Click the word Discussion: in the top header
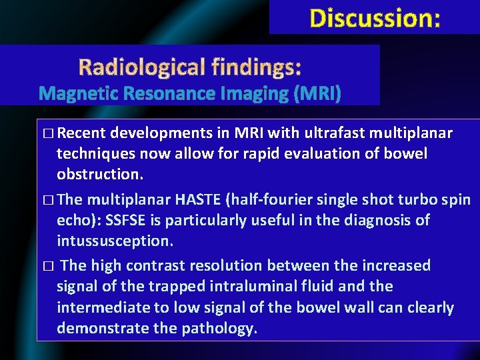[375, 18]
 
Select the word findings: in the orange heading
[256, 67]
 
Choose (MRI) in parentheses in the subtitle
[317, 94]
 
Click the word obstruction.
[99, 175]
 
